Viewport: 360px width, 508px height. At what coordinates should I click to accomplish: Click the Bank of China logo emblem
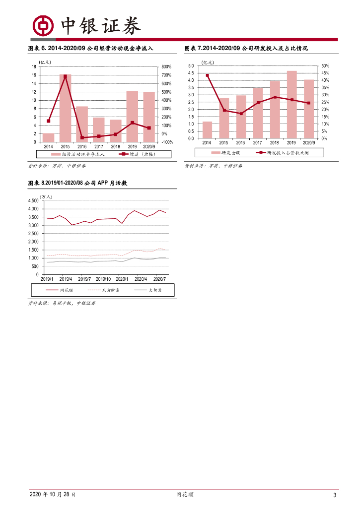[43, 25]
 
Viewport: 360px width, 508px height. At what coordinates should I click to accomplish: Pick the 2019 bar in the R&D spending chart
[291, 105]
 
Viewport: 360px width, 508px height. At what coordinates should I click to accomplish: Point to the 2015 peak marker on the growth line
[65, 76]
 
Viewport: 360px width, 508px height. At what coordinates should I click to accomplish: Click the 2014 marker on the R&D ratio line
[207, 75]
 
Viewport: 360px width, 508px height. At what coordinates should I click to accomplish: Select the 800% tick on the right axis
[166, 66]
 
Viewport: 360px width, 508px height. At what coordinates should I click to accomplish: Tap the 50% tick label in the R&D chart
[325, 66]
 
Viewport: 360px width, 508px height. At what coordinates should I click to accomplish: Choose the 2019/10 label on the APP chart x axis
[103, 279]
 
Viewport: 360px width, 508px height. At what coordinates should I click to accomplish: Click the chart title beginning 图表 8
[78, 183]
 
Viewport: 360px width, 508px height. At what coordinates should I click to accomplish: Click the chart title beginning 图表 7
[246, 49]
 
